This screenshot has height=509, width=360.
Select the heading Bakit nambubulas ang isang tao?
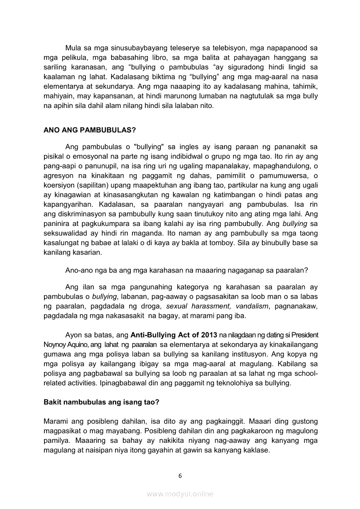pyautogui.click(x=101, y=403)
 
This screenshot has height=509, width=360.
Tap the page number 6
pyautogui.click(x=180, y=476)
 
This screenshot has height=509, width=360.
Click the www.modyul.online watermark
pyautogui.click(x=180, y=494)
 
